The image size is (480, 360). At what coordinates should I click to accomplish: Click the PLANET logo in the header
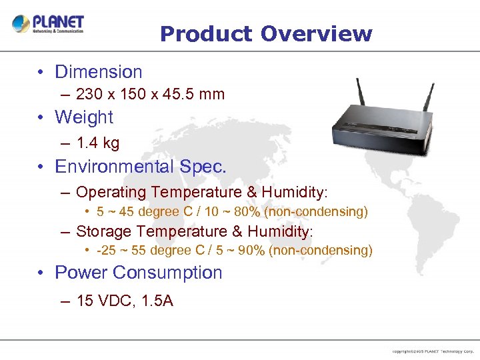coord(48,24)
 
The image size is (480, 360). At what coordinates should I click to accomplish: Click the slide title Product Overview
coord(266,33)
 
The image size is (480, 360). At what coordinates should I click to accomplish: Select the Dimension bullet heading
coord(98,72)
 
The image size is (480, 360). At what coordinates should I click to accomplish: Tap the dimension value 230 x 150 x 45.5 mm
coord(150,94)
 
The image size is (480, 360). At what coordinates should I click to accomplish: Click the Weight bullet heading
coord(84,117)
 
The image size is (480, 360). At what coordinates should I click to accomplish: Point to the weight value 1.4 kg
coord(98,143)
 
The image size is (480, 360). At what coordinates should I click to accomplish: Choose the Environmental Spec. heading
coord(140,166)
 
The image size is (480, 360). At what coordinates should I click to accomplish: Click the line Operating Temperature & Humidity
coord(201,193)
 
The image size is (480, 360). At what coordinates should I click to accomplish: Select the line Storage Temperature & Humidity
coord(194,231)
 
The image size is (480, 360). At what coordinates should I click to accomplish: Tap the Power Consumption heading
coord(138,273)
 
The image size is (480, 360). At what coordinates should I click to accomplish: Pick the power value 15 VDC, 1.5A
coord(125,301)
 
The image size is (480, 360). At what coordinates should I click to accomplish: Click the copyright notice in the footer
coord(433,351)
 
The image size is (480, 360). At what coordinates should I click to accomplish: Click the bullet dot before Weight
coord(41,118)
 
